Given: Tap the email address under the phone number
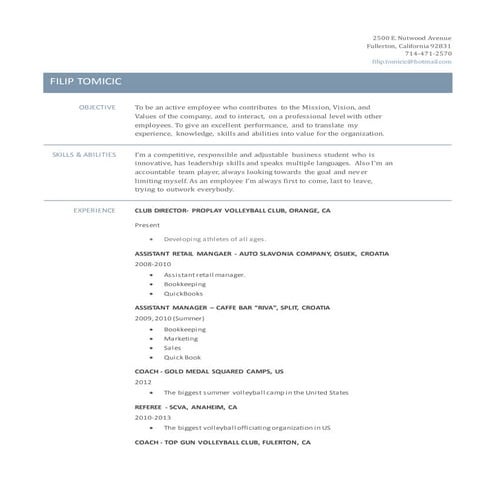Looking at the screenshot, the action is (411, 61).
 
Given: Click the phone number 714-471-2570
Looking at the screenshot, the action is (428, 53).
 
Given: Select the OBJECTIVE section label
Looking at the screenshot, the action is (97, 106).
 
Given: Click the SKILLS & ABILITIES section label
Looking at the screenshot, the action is (84, 155).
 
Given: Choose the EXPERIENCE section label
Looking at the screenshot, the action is (95, 211).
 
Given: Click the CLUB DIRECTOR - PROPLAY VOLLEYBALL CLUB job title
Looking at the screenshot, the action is (232, 212).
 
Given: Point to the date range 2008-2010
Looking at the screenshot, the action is (152, 264).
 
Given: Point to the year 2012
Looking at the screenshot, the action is (143, 381).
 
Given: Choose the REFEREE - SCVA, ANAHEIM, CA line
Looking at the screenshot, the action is (186, 408).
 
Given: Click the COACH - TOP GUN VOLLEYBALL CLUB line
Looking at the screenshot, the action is (223, 441).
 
